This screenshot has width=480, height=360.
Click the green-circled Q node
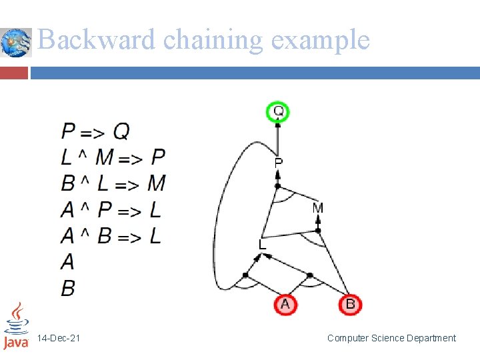coord(279,111)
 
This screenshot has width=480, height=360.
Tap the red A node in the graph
coord(285,305)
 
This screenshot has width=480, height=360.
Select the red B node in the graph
coord(350,305)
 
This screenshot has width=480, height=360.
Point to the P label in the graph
coord(279,162)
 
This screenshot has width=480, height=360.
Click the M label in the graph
coord(317,209)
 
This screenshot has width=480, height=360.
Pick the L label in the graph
coord(263,245)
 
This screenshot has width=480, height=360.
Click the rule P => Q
coord(95,131)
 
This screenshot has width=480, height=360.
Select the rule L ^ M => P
coord(113,157)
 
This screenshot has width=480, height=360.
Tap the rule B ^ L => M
coord(113,183)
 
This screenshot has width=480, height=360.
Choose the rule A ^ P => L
coord(111,210)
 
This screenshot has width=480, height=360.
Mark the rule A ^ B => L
coord(111,236)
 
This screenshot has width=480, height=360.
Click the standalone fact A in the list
coord(67,262)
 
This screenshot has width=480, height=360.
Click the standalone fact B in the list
coord(68,288)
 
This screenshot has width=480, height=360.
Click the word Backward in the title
coord(97,40)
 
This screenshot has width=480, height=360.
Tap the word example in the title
coord(320,40)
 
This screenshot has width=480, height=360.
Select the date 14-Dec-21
coord(59,339)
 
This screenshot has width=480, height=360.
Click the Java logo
coord(16,326)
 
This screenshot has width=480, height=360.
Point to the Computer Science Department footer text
coord(391,339)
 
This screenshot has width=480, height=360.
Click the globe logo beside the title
coord(15,43)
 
